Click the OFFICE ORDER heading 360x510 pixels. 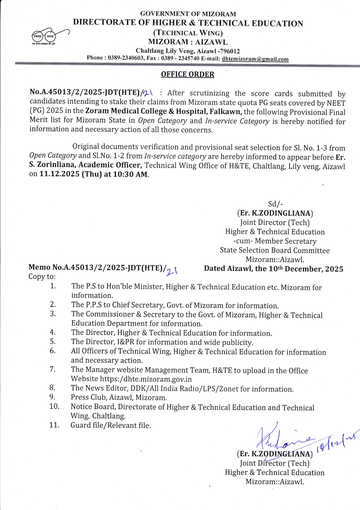[187, 75]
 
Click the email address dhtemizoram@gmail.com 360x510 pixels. [255, 59]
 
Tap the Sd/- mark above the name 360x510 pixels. [275, 204]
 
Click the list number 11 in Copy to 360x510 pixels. [54, 425]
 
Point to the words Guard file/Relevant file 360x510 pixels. [110, 425]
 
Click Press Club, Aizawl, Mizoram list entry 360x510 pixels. [119, 398]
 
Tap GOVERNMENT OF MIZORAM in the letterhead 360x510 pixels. [188, 14]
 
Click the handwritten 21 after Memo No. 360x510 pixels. [172, 271]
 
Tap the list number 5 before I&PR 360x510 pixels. [53, 342]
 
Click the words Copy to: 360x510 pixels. [42, 277]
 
